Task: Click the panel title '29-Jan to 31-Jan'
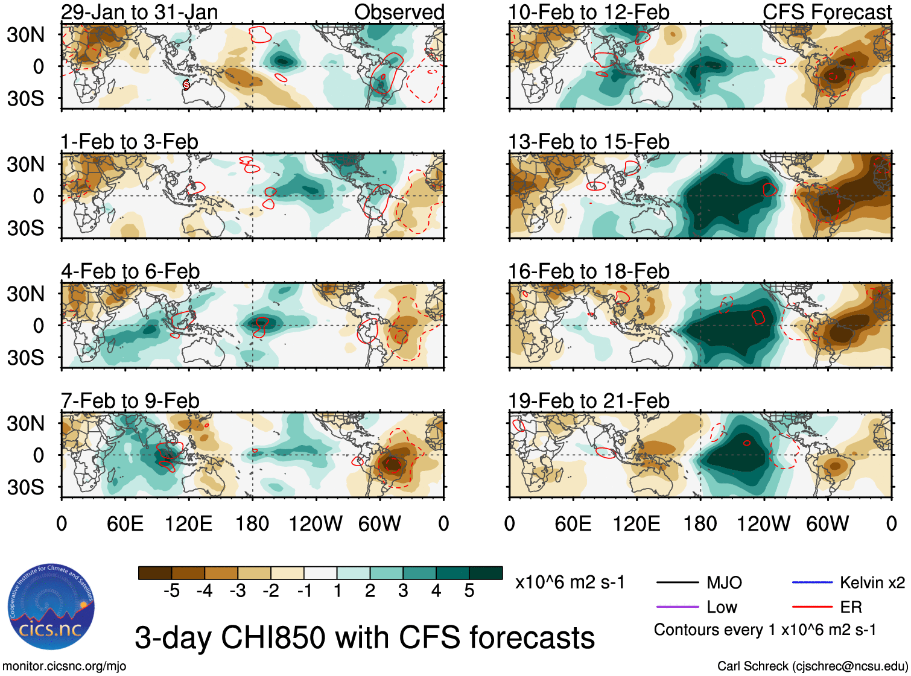139,12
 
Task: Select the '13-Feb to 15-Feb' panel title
588,142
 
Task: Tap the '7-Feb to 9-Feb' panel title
130,400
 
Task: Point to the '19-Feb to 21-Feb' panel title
588,400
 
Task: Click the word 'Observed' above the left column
399,12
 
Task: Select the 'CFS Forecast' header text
827,12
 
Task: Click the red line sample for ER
812,607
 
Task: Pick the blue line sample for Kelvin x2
812,583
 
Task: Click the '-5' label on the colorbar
171,591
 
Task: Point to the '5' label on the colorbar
469,591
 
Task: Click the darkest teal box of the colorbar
486,573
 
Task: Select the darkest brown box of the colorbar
155,573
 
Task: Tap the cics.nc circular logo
51,607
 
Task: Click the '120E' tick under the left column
188,523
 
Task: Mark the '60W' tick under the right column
827,523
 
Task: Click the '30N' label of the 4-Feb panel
25,294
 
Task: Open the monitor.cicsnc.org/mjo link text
64,666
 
